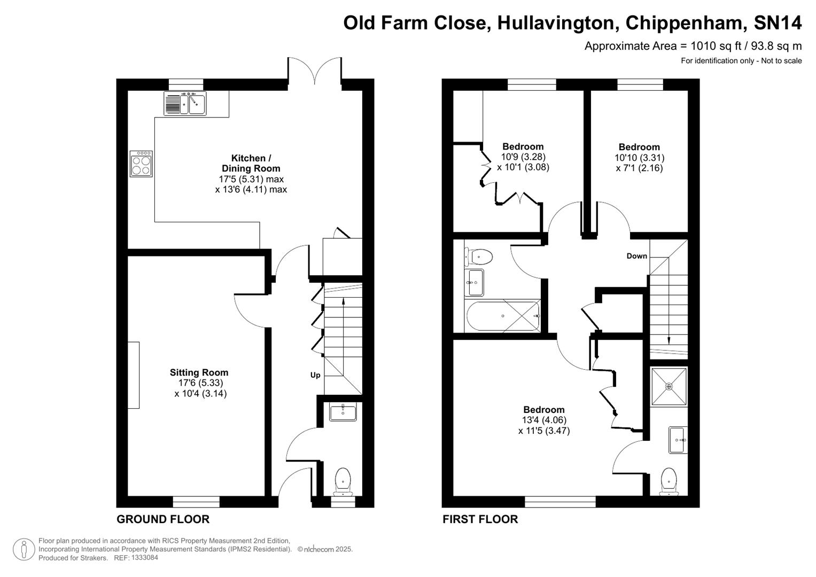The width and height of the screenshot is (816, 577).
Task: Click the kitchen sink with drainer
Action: tap(185, 104)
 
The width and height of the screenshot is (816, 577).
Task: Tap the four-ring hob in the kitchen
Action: tap(142, 163)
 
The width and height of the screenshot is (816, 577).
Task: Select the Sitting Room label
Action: tap(199, 372)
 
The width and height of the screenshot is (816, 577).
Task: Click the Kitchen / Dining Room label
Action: tap(251, 163)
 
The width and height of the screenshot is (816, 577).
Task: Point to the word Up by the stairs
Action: tap(315, 375)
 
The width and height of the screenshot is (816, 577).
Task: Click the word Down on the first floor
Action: tap(636, 256)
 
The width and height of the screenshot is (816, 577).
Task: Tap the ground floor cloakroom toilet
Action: tap(342, 480)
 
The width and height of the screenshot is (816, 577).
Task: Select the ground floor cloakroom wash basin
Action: tap(343, 412)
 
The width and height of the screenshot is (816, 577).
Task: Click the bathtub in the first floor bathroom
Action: tap(503, 316)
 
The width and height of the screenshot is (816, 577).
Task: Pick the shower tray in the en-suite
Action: tap(669, 386)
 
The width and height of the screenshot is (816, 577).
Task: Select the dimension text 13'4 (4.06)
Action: tap(544, 420)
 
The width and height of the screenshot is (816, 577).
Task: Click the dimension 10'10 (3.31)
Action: tap(639, 158)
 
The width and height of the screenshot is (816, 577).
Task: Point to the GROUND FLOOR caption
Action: tap(163, 519)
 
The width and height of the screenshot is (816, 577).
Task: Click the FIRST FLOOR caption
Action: tap(480, 519)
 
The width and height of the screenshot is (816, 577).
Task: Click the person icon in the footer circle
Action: tap(24, 549)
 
